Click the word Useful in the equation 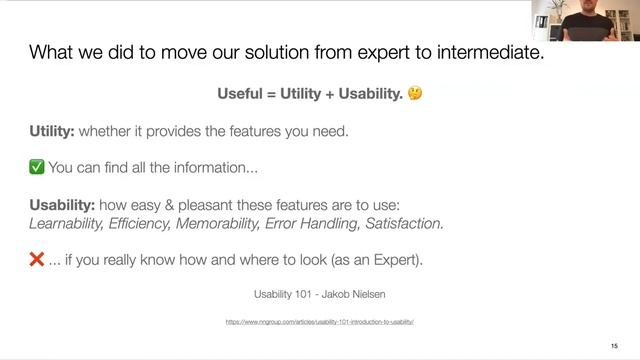coord(241,94)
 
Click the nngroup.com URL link coord(320,322)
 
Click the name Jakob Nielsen coord(352,295)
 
